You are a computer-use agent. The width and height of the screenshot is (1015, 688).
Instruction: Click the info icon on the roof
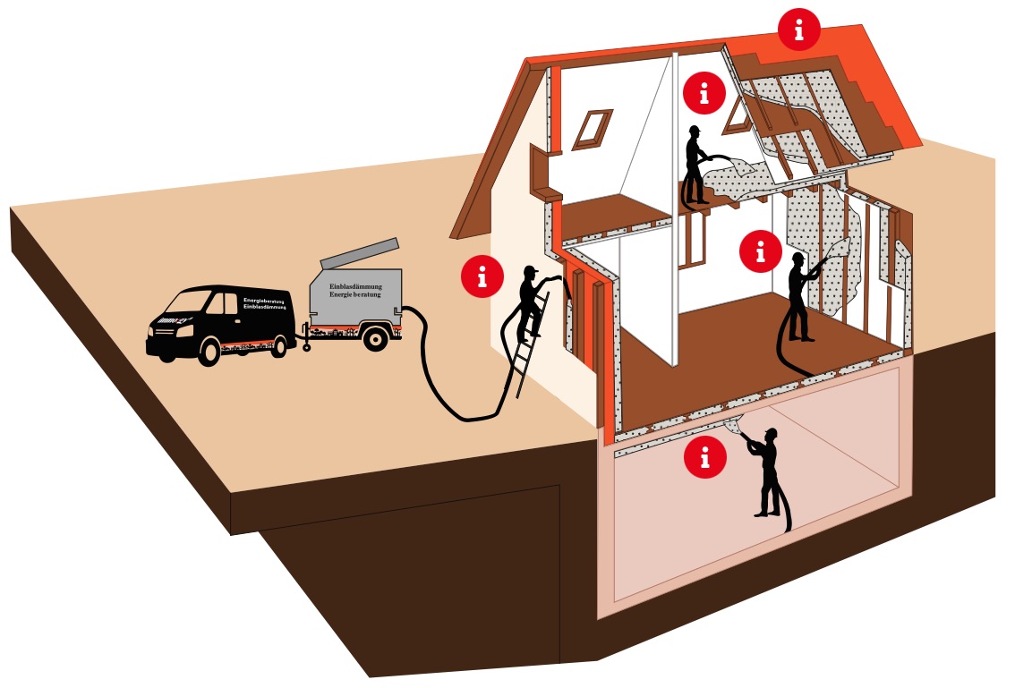tap(798, 30)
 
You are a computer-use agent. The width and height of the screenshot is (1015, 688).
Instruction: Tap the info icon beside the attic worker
tap(705, 91)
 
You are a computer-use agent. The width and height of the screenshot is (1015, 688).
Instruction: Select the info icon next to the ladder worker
tap(482, 277)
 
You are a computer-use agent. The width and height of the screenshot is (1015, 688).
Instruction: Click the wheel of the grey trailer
tap(377, 338)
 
